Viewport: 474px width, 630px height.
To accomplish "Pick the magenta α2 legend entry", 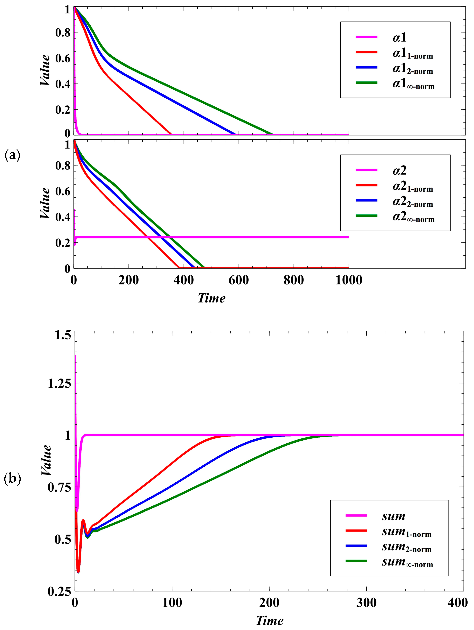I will click(x=399, y=171).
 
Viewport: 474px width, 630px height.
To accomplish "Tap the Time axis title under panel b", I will click(x=269, y=621).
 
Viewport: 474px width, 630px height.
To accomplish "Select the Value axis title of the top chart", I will click(x=45, y=70).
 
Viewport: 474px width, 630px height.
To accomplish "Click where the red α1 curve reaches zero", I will click(x=171, y=134).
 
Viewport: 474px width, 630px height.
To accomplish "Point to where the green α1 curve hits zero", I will click(x=272, y=134).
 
